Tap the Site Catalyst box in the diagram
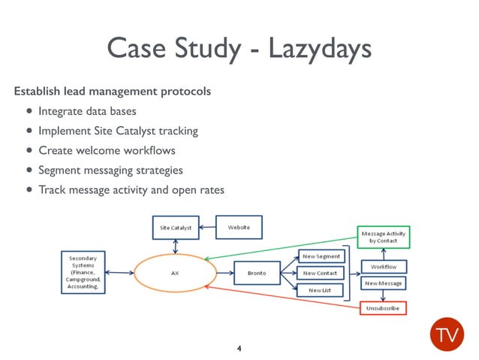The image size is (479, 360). [176, 227]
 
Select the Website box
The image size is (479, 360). [239, 226]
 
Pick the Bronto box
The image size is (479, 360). [257, 273]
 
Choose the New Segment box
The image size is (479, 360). [321, 256]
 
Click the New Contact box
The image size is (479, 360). [321, 273]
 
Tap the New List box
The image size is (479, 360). [321, 289]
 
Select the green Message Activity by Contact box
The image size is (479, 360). [383, 237]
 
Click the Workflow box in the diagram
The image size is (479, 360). [384, 267]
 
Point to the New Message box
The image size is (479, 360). [384, 283]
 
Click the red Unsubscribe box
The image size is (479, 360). [383, 308]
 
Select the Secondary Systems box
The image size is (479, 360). [83, 272]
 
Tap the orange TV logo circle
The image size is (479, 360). [446, 331]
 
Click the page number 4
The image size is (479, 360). [239, 349]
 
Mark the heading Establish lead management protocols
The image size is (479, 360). [112, 92]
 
